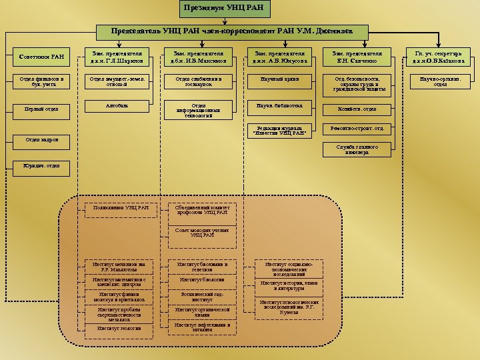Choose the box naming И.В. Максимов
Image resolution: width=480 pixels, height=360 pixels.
coord(198,57)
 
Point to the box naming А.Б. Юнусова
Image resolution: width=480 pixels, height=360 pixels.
coord(276,57)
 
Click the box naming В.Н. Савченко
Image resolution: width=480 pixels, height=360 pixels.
coord(353,57)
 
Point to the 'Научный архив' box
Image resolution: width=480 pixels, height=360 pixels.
coord(275,80)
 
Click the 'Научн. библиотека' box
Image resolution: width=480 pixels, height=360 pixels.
coord(275,106)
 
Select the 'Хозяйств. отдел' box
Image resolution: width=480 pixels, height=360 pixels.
coord(353,109)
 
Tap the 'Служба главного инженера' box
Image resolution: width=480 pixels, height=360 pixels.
coord(353,149)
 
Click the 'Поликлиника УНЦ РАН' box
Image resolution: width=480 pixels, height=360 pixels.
coord(123,209)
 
